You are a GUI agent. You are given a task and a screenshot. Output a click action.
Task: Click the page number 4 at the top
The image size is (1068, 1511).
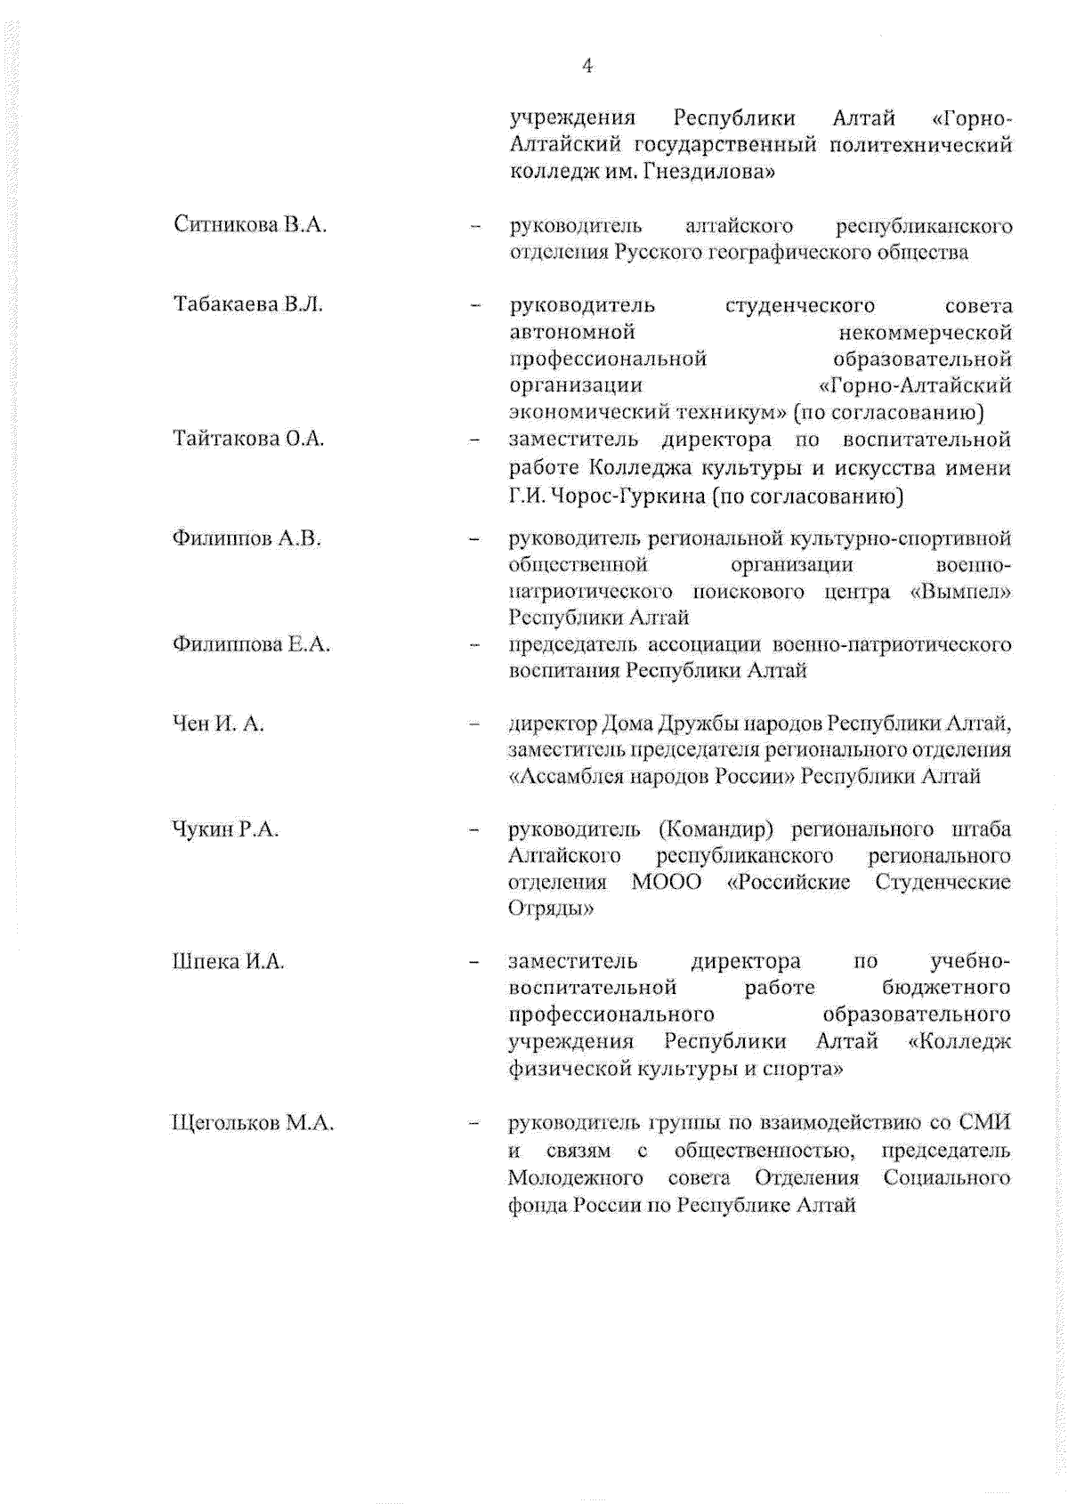[x=587, y=66]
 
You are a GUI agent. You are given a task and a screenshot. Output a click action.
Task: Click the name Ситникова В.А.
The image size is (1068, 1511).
[x=250, y=225]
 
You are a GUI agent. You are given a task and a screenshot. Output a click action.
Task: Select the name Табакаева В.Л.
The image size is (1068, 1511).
[x=247, y=304]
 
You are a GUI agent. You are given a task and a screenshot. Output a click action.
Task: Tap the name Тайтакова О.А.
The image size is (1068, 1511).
[x=248, y=439]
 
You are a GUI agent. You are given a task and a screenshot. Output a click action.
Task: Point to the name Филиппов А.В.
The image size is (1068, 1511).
[x=246, y=538]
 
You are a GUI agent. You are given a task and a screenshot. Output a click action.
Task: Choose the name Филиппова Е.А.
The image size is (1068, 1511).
[x=251, y=644]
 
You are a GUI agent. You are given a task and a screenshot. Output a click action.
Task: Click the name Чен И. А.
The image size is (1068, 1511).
[x=218, y=723]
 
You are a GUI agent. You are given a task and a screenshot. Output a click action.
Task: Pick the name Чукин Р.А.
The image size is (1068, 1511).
[x=225, y=829]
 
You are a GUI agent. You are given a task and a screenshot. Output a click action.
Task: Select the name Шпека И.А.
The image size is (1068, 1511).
[x=228, y=961]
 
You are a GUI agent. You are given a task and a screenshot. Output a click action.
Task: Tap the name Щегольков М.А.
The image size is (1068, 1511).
[x=252, y=1123]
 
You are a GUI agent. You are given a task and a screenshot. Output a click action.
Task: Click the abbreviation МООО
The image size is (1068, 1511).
[x=666, y=882]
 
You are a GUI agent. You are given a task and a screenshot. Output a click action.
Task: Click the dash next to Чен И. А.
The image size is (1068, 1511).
[x=475, y=723]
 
